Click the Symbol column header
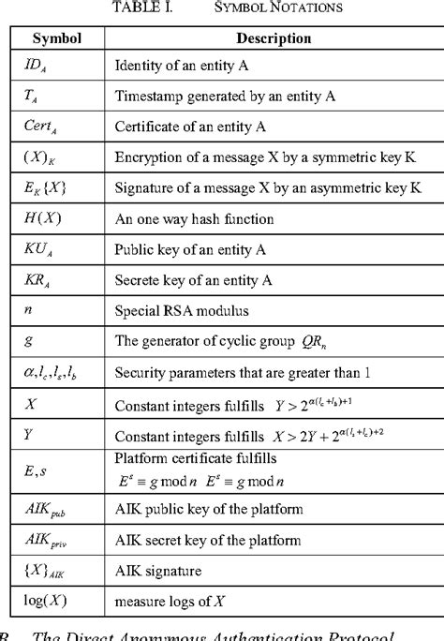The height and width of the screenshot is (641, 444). (57, 38)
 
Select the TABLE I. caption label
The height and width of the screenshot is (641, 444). (141, 7)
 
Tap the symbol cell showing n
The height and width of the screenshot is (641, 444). (27, 307)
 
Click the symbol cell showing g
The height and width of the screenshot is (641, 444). (27, 338)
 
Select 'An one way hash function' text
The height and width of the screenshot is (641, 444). (194, 218)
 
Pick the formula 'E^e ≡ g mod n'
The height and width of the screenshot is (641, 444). (176, 479)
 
